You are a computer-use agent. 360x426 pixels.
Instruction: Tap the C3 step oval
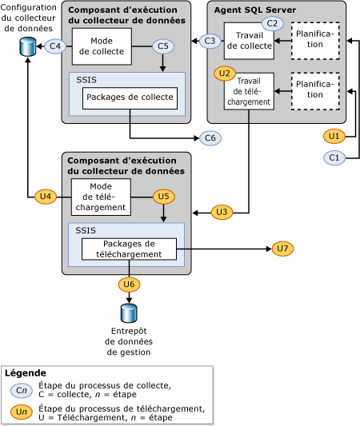pyautogui.click(x=210, y=41)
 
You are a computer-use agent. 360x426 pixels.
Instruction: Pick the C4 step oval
pyautogui.click(x=55, y=46)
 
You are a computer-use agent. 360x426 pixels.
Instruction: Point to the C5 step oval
pyautogui.click(x=163, y=46)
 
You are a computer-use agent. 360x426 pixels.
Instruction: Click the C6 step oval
pyautogui.click(x=210, y=137)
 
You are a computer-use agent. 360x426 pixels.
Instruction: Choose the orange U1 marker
pyautogui.click(x=335, y=136)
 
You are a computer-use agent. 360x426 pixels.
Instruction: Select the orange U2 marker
pyautogui.click(x=226, y=73)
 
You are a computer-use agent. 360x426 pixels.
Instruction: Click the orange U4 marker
pyautogui.click(x=46, y=196)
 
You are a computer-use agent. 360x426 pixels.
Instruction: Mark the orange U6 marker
pyautogui.click(x=130, y=284)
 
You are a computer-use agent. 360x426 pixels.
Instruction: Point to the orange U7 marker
pyautogui.click(x=282, y=249)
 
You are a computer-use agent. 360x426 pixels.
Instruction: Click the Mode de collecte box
pyautogui.click(x=102, y=46)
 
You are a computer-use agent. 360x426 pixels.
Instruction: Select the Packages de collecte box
pyautogui.click(x=130, y=98)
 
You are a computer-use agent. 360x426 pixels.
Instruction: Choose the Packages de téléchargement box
pyautogui.click(x=129, y=249)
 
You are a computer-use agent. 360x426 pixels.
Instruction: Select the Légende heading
pyautogui.click(x=26, y=373)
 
